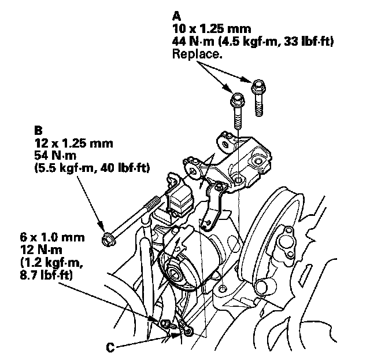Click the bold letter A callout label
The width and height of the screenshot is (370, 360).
[x=176, y=16]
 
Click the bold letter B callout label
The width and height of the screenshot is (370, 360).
[x=38, y=131]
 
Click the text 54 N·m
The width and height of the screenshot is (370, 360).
[x=53, y=156]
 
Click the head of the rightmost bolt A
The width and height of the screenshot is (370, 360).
[x=257, y=85]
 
